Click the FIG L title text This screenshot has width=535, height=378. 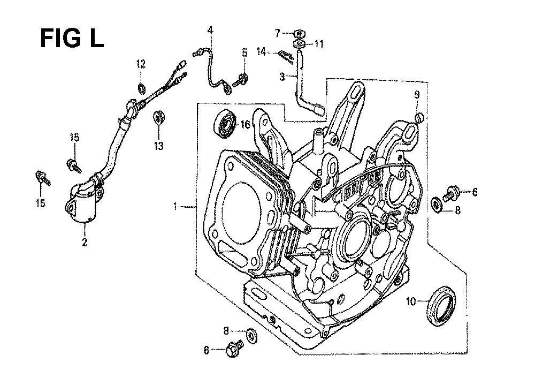tap(72, 38)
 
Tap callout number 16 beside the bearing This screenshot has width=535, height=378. tap(246, 124)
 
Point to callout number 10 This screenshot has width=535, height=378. tap(411, 302)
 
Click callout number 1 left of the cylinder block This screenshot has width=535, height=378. tap(175, 206)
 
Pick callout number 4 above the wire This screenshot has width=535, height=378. tap(210, 31)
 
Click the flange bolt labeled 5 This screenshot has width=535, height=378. tap(241, 80)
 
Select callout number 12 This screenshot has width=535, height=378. tap(141, 64)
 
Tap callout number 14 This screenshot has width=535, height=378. tap(262, 52)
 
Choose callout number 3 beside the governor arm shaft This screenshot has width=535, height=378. tap(282, 77)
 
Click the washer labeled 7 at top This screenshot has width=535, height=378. tap(299, 34)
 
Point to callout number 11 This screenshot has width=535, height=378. tap(319, 44)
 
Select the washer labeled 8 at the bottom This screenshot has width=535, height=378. tap(252, 336)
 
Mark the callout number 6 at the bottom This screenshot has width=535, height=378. tap(207, 350)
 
